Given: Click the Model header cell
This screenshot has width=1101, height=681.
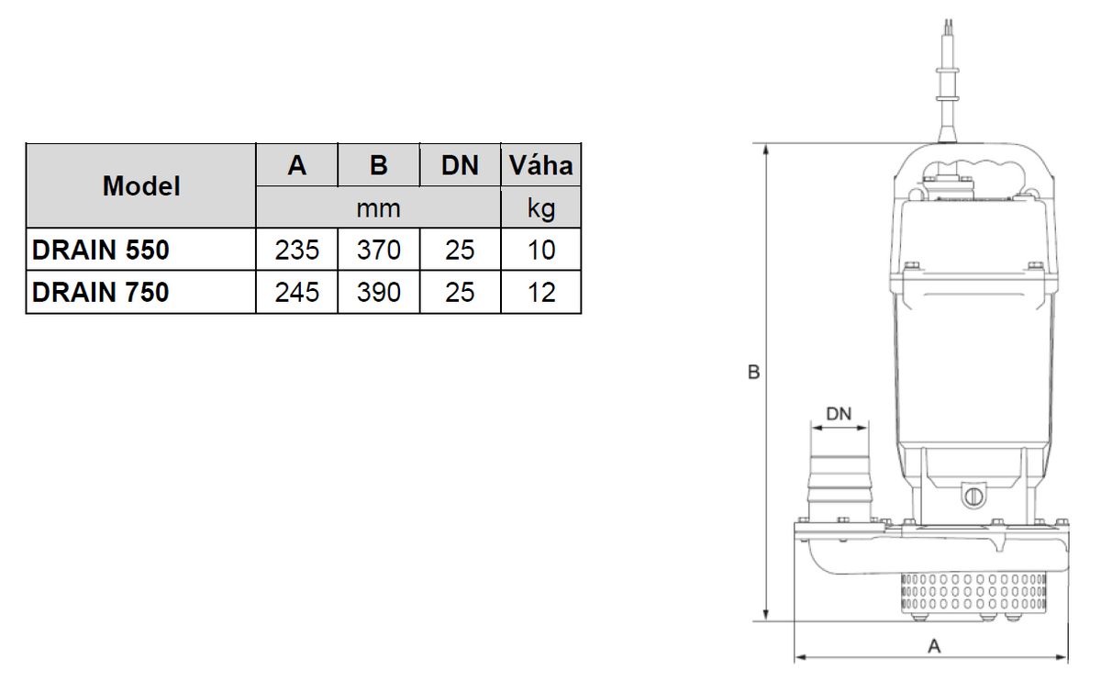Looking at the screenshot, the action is tap(141, 186).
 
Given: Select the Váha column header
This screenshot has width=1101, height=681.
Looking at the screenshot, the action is tap(540, 165).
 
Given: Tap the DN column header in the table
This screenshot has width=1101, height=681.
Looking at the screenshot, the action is tap(460, 165).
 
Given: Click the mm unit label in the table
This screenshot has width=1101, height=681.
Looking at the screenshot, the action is tap(378, 208).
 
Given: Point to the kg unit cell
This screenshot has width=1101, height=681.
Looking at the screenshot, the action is tap(540, 207).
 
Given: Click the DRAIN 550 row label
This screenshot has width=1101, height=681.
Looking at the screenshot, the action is tap(100, 250).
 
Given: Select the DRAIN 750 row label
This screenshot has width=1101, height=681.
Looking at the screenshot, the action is tap(100, 292).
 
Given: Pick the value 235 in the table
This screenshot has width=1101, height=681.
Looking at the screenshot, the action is tap(297, 250).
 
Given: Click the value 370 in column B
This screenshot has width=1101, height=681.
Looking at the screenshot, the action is tap(378, 250).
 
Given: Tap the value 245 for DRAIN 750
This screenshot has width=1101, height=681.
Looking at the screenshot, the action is tap(297, 292).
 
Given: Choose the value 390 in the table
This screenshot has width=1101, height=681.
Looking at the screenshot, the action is tap(378, 292).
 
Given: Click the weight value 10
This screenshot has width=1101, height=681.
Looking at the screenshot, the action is tap(541, 250).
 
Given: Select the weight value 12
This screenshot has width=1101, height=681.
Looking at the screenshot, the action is tap(541, 292).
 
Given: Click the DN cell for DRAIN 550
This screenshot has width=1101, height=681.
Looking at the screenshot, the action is tap(460, 250).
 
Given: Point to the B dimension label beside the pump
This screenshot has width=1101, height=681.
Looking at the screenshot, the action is tap(753, 373).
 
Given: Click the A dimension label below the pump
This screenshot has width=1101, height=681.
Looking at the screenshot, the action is tap(934, 646).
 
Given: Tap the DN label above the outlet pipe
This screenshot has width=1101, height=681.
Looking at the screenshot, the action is tap(839, 414).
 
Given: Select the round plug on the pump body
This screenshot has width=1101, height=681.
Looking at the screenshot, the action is tap(973, 496).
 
